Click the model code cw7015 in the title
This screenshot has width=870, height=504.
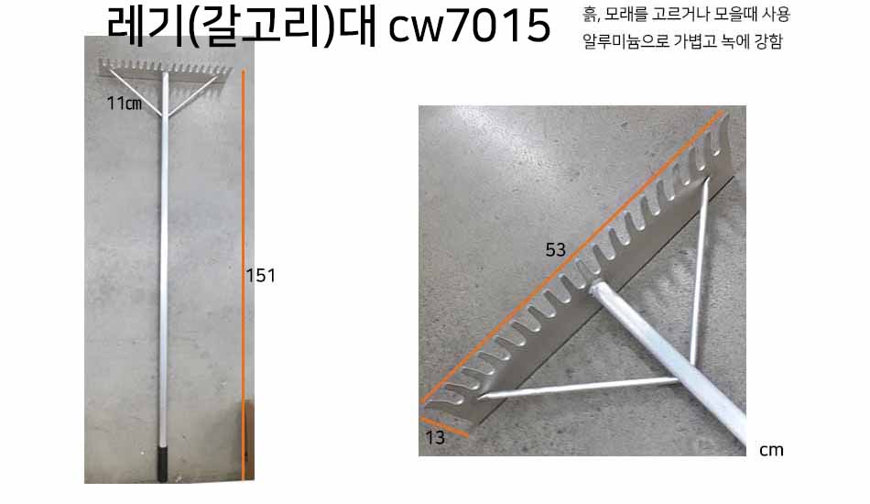(x=470, y=26)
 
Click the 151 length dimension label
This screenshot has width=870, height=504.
(x=261, y=275)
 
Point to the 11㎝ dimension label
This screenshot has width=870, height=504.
(x=125, y=104)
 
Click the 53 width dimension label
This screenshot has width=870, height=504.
(x=555, y=250)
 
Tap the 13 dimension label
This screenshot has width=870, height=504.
(x=435, y=438)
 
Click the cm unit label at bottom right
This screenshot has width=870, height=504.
(x=771, y=450)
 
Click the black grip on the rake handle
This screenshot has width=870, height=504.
(x=162, y=464)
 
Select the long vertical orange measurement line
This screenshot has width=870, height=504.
(x=243, y=275)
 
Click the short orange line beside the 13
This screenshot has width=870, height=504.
(x=444, y=427)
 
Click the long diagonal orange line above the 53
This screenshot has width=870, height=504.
(x=572, y=257)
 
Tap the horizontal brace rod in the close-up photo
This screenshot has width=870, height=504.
(x=580, y=388)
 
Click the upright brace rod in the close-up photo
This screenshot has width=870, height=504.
(x=698, y=272)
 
